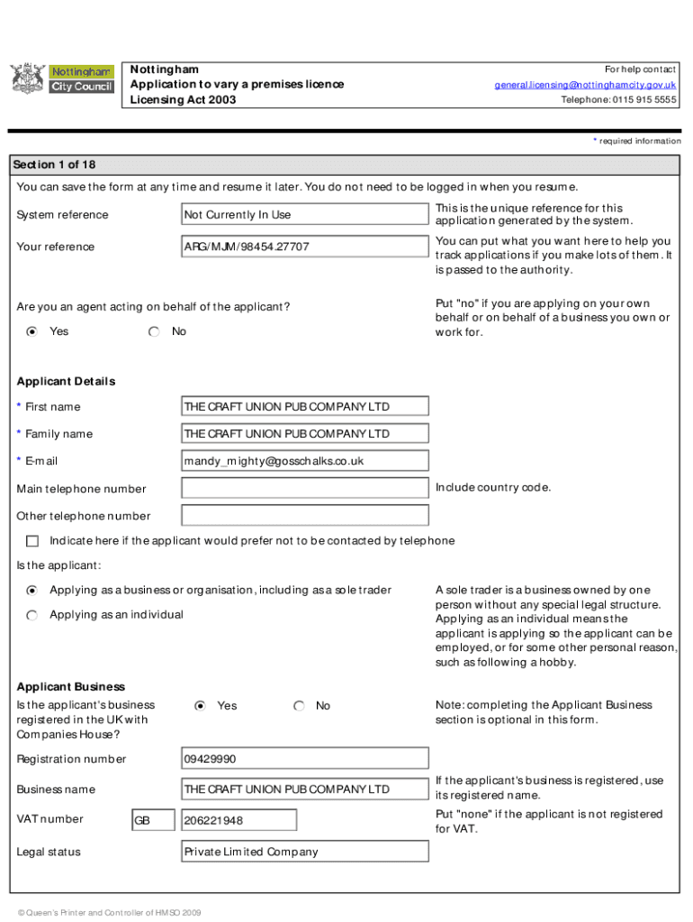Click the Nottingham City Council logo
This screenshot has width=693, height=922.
point(61,78)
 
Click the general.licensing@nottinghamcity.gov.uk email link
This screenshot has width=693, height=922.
point(585,85)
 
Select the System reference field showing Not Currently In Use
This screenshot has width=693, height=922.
point(304,214)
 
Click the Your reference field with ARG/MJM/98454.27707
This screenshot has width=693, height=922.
point(304,247)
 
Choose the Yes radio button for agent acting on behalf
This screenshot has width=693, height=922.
point(32,332)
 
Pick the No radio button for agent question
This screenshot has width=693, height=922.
point(155,332)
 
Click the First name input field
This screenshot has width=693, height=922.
point(304,407)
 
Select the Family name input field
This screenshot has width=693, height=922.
point(304,434)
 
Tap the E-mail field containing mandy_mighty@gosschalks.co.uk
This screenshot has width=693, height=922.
point(304,461)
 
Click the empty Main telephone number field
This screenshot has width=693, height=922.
point(304,489)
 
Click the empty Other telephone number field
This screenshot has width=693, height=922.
point(304,516)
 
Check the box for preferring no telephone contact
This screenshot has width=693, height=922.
point(33,541)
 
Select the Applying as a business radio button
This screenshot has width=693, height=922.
point(32,591)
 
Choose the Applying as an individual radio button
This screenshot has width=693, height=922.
point(32,615)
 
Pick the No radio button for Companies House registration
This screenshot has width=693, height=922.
point(299,707)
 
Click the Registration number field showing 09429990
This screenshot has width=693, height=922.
point(304,759)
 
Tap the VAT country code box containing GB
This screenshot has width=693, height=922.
point(153,820)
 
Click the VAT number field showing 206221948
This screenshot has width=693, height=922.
point(238,820)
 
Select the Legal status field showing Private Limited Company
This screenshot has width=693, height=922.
point(304,852)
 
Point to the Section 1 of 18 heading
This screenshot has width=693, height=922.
point(54,165)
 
